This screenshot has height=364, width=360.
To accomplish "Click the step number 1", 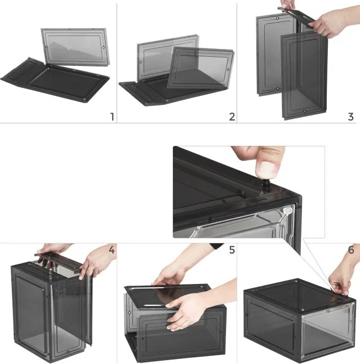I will coord(112,117).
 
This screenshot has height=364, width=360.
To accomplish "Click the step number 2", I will coord(232,117).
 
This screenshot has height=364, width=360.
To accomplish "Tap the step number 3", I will coord(351,117).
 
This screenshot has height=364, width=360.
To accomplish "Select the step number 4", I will coord(112,249).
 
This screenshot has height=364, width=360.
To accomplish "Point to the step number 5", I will coord(231,249).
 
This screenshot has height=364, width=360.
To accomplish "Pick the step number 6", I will coord(351,249).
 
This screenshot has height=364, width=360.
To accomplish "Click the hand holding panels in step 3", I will coord(332,23).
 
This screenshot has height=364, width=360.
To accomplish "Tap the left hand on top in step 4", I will coord(51,250).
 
